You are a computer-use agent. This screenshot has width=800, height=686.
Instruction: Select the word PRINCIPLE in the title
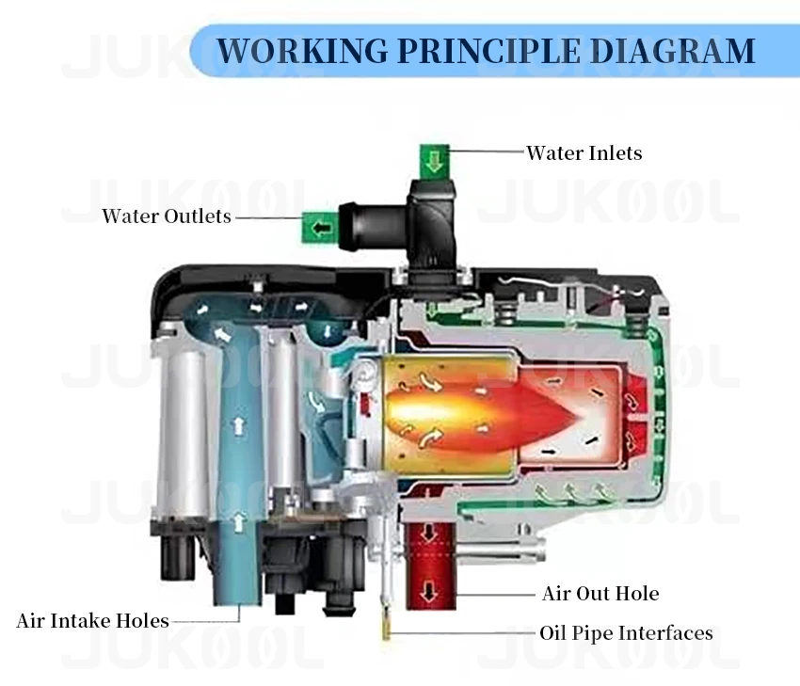tap(476, 50)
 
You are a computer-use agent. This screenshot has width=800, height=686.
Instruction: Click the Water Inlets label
tap(584, 152)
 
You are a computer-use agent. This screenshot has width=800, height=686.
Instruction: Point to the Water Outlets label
tap(167, 216)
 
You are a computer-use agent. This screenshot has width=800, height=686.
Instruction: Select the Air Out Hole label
tap(600, 594)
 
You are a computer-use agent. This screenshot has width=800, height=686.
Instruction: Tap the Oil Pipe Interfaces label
tap(626, 633)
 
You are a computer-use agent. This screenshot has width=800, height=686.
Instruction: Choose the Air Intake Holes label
tap(92, 621)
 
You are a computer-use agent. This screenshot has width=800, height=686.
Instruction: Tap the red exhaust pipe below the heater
tap(430, 565)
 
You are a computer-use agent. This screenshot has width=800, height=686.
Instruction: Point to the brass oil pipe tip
tap(386, 629)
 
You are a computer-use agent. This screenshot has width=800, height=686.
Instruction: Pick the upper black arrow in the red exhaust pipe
tap(429, 534)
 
